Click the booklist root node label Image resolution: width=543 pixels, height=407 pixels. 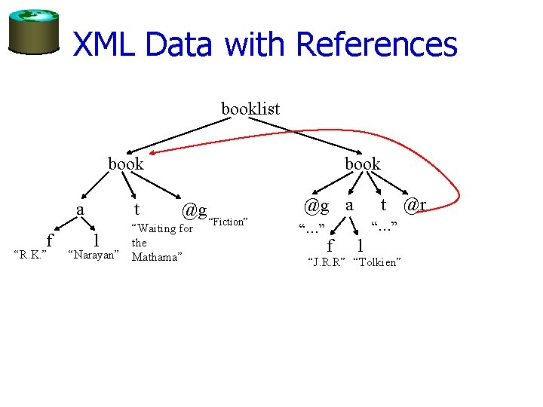click(250, 109)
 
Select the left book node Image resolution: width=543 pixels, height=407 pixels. click(126, 164)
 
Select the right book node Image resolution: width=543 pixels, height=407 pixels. click(363, 164)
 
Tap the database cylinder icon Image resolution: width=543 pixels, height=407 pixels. click(33, 32)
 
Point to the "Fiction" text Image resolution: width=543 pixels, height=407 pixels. click(228, 222)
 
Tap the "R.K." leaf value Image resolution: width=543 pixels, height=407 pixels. click(32, 255)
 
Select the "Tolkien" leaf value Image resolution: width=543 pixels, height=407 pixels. click(376, 262)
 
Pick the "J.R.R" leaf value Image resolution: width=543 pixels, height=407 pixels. click(325, 262)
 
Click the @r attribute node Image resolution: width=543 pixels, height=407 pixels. click(415, 205)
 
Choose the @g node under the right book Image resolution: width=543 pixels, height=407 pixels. click(317, 205)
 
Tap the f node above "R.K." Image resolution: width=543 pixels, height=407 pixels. click(50, 240)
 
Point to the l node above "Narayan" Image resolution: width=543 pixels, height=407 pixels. click(94, 240)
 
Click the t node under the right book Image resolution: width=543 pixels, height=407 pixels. click(383, 204)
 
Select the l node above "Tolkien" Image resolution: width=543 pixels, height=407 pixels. click(360, 245)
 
